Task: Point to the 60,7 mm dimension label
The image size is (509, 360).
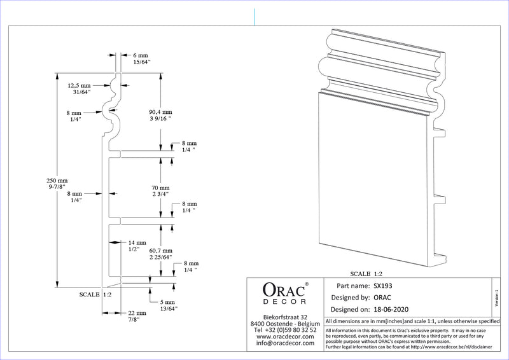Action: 160,254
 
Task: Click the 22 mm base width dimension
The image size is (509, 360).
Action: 137,316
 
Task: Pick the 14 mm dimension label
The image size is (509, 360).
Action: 137,246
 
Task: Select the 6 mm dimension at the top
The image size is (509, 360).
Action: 140,59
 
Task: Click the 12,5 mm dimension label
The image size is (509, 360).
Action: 80,88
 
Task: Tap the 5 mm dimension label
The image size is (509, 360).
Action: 168,305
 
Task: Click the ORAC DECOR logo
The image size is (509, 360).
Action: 285,294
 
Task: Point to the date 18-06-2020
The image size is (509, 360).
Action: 390,310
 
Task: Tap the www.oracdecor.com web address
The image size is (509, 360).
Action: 285,336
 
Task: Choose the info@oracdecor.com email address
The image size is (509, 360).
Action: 285,343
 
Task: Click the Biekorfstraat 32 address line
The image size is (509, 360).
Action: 285,317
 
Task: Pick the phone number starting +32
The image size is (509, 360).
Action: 285,330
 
